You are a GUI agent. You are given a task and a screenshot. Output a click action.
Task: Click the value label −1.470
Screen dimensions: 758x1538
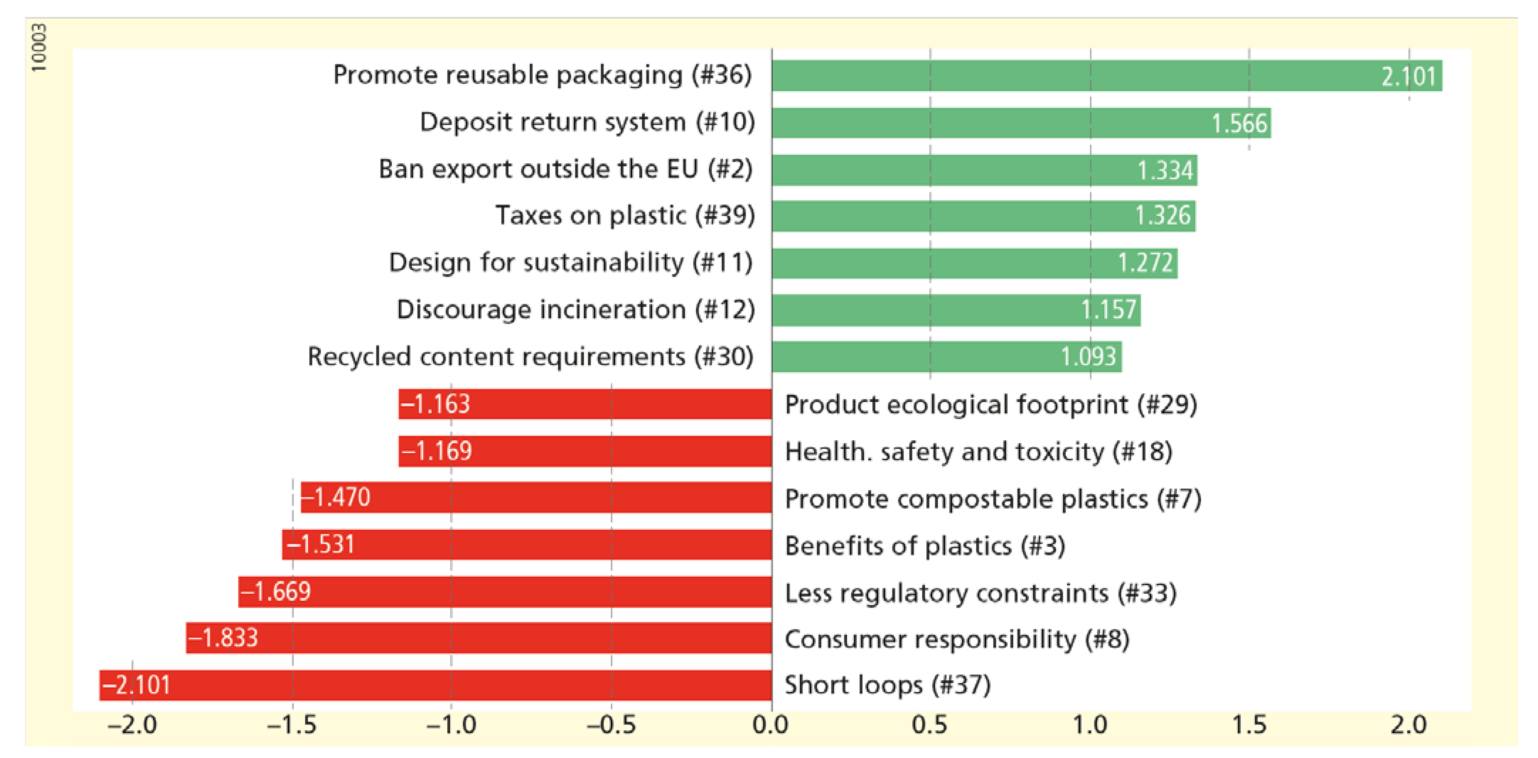point(337,497)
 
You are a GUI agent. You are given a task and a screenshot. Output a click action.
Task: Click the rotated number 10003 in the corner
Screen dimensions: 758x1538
point(39,48)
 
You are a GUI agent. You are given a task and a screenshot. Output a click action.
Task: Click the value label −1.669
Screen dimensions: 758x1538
point(276,591)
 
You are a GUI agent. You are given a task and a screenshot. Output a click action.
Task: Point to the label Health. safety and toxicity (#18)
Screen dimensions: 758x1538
point(978,452)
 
